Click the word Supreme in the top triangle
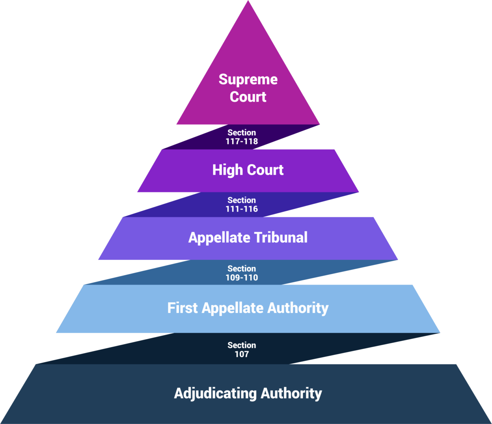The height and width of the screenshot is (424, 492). (248, 79)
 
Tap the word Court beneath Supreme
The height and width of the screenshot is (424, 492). (248, 97)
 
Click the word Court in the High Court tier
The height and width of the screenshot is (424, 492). (265, 170)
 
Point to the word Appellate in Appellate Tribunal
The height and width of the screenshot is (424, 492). (219, 238)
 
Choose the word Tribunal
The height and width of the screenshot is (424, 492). (281, 238)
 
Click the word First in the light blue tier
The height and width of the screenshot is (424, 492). (183, 308)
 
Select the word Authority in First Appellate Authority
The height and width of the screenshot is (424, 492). (298, 308)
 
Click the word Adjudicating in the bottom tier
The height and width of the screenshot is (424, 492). (215, 393)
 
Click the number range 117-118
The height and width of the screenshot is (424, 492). (241, 141)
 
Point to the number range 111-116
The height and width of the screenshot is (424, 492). (241, 209)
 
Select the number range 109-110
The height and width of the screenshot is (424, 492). (241, 278)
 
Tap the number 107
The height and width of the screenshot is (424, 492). (241, 354)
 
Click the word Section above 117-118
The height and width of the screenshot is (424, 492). (241, 133)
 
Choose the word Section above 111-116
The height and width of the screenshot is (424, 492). (241, 200)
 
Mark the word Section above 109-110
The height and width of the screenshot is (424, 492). (241, 269)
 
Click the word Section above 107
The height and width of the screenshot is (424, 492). (241, 345)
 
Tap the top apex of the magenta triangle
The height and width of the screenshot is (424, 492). (248, 2)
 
